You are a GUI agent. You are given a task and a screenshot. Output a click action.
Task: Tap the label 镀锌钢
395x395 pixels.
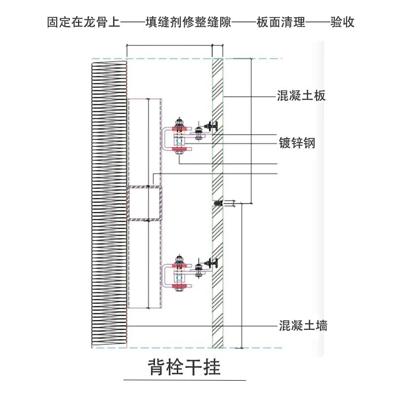click(296, 143)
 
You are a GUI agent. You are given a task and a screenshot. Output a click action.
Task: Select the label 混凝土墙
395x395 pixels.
click(302, 325)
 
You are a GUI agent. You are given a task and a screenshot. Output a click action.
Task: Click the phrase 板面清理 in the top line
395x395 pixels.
click(281, 22)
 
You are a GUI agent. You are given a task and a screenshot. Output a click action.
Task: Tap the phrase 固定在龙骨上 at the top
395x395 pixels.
click(83, 22)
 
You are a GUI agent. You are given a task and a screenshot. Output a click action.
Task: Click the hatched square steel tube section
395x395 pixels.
click(144, 203)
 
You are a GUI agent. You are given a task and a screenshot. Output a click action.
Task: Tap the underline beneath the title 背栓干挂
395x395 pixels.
click(184, 381)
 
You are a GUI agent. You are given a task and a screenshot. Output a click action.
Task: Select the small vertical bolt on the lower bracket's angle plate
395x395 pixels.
click(198, 269)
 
